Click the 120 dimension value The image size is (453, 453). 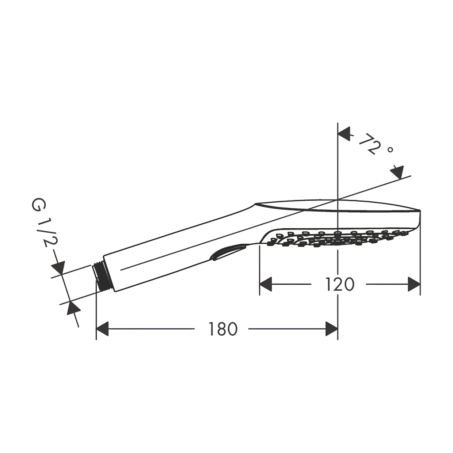pos(339,284)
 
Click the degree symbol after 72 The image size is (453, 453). pos(390,149)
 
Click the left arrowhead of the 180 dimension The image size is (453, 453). pos(103,329)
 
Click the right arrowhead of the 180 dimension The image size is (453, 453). pos(331,329)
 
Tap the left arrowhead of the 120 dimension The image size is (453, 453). pos(266,284)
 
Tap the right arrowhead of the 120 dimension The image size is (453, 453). pos(414,284)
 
